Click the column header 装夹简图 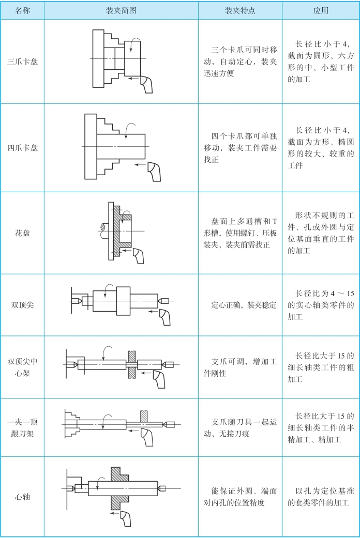121,10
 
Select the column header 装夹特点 240,10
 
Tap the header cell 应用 321,10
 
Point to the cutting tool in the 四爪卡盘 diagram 154,171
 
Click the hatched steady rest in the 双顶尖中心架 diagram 132,366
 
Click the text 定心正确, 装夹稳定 240,305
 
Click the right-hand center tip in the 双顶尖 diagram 163,300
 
